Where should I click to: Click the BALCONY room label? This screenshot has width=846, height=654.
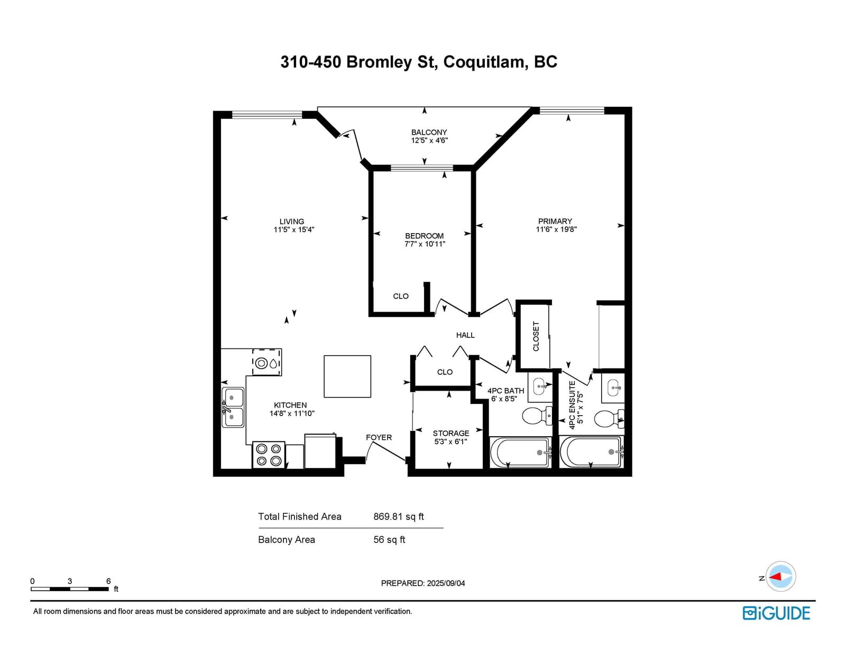pyautogui.click(x=429, y=132)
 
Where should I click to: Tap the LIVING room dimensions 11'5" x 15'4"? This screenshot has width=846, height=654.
pyautogui.click(x=293, y=229)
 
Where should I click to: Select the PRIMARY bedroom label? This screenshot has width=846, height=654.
pyautogui.click(x=555, y=221)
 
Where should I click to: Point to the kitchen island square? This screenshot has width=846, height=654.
pyautogui.click(x=347, y=376)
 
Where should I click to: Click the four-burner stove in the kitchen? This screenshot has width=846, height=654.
pyautogui.click(x=269, y=455)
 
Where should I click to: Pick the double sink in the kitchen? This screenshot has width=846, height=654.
pyautogui.click(x=233, y=407)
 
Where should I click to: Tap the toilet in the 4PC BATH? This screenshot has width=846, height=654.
pyautogui.click(x=537, y=416)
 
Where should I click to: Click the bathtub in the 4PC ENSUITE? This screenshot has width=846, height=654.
pyautogui.click(x=591, y=452)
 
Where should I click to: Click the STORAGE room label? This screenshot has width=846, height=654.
pyautogui.click(x=451, y=434)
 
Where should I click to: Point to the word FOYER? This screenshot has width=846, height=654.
pyautogui.click(x=379, y=438)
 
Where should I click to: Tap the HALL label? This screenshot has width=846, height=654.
pyautogui.click(x=465, y=335)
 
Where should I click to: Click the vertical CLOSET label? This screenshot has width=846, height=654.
pyautogui.click(x=536, y=336)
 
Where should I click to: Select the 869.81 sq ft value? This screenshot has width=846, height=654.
pyautogui.click(x=399, y=517)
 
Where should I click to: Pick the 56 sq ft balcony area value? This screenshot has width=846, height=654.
pyautogui.click(x=389, y=540)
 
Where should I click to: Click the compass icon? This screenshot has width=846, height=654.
pyautogui.click(x=780, y=576)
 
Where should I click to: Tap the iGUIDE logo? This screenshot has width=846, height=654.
pyautogui.click(x=776, y=613)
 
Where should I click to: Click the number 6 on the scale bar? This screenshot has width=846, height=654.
pyautogui.click(x=108, y=581)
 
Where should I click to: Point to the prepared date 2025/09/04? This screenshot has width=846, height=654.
pyautogui.click(x=446, y=583)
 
